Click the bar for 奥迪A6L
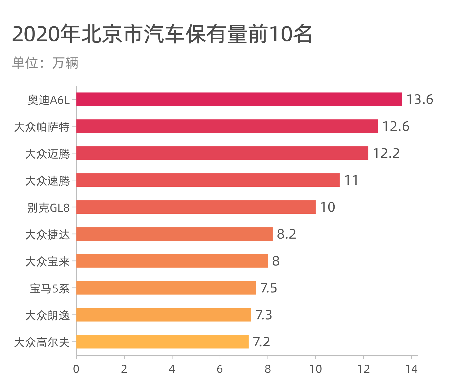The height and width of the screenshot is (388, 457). tap(239, 99)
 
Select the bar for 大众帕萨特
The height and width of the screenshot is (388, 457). tap(227, 126)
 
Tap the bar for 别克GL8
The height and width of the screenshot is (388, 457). tap(196, 207)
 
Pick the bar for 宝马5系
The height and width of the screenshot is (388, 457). tap(166, 288)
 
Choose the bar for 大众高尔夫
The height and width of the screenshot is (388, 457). tap(162, 342)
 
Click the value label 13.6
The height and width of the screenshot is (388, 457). tap(420, 99)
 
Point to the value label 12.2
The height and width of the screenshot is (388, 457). tap(386, 153)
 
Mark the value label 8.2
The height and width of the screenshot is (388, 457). tap(286, 234)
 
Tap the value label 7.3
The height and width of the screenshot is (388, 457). tap(264, 315)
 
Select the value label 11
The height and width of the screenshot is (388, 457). tap(351, 180)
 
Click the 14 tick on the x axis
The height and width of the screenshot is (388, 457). tap(411, 369)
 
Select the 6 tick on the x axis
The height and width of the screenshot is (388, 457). tap(220, 369)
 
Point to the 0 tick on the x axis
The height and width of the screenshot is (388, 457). tap(76, 369)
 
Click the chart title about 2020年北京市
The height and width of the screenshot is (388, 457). tap(162, 34)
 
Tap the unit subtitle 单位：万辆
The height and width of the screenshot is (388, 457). tap(45, 63)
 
